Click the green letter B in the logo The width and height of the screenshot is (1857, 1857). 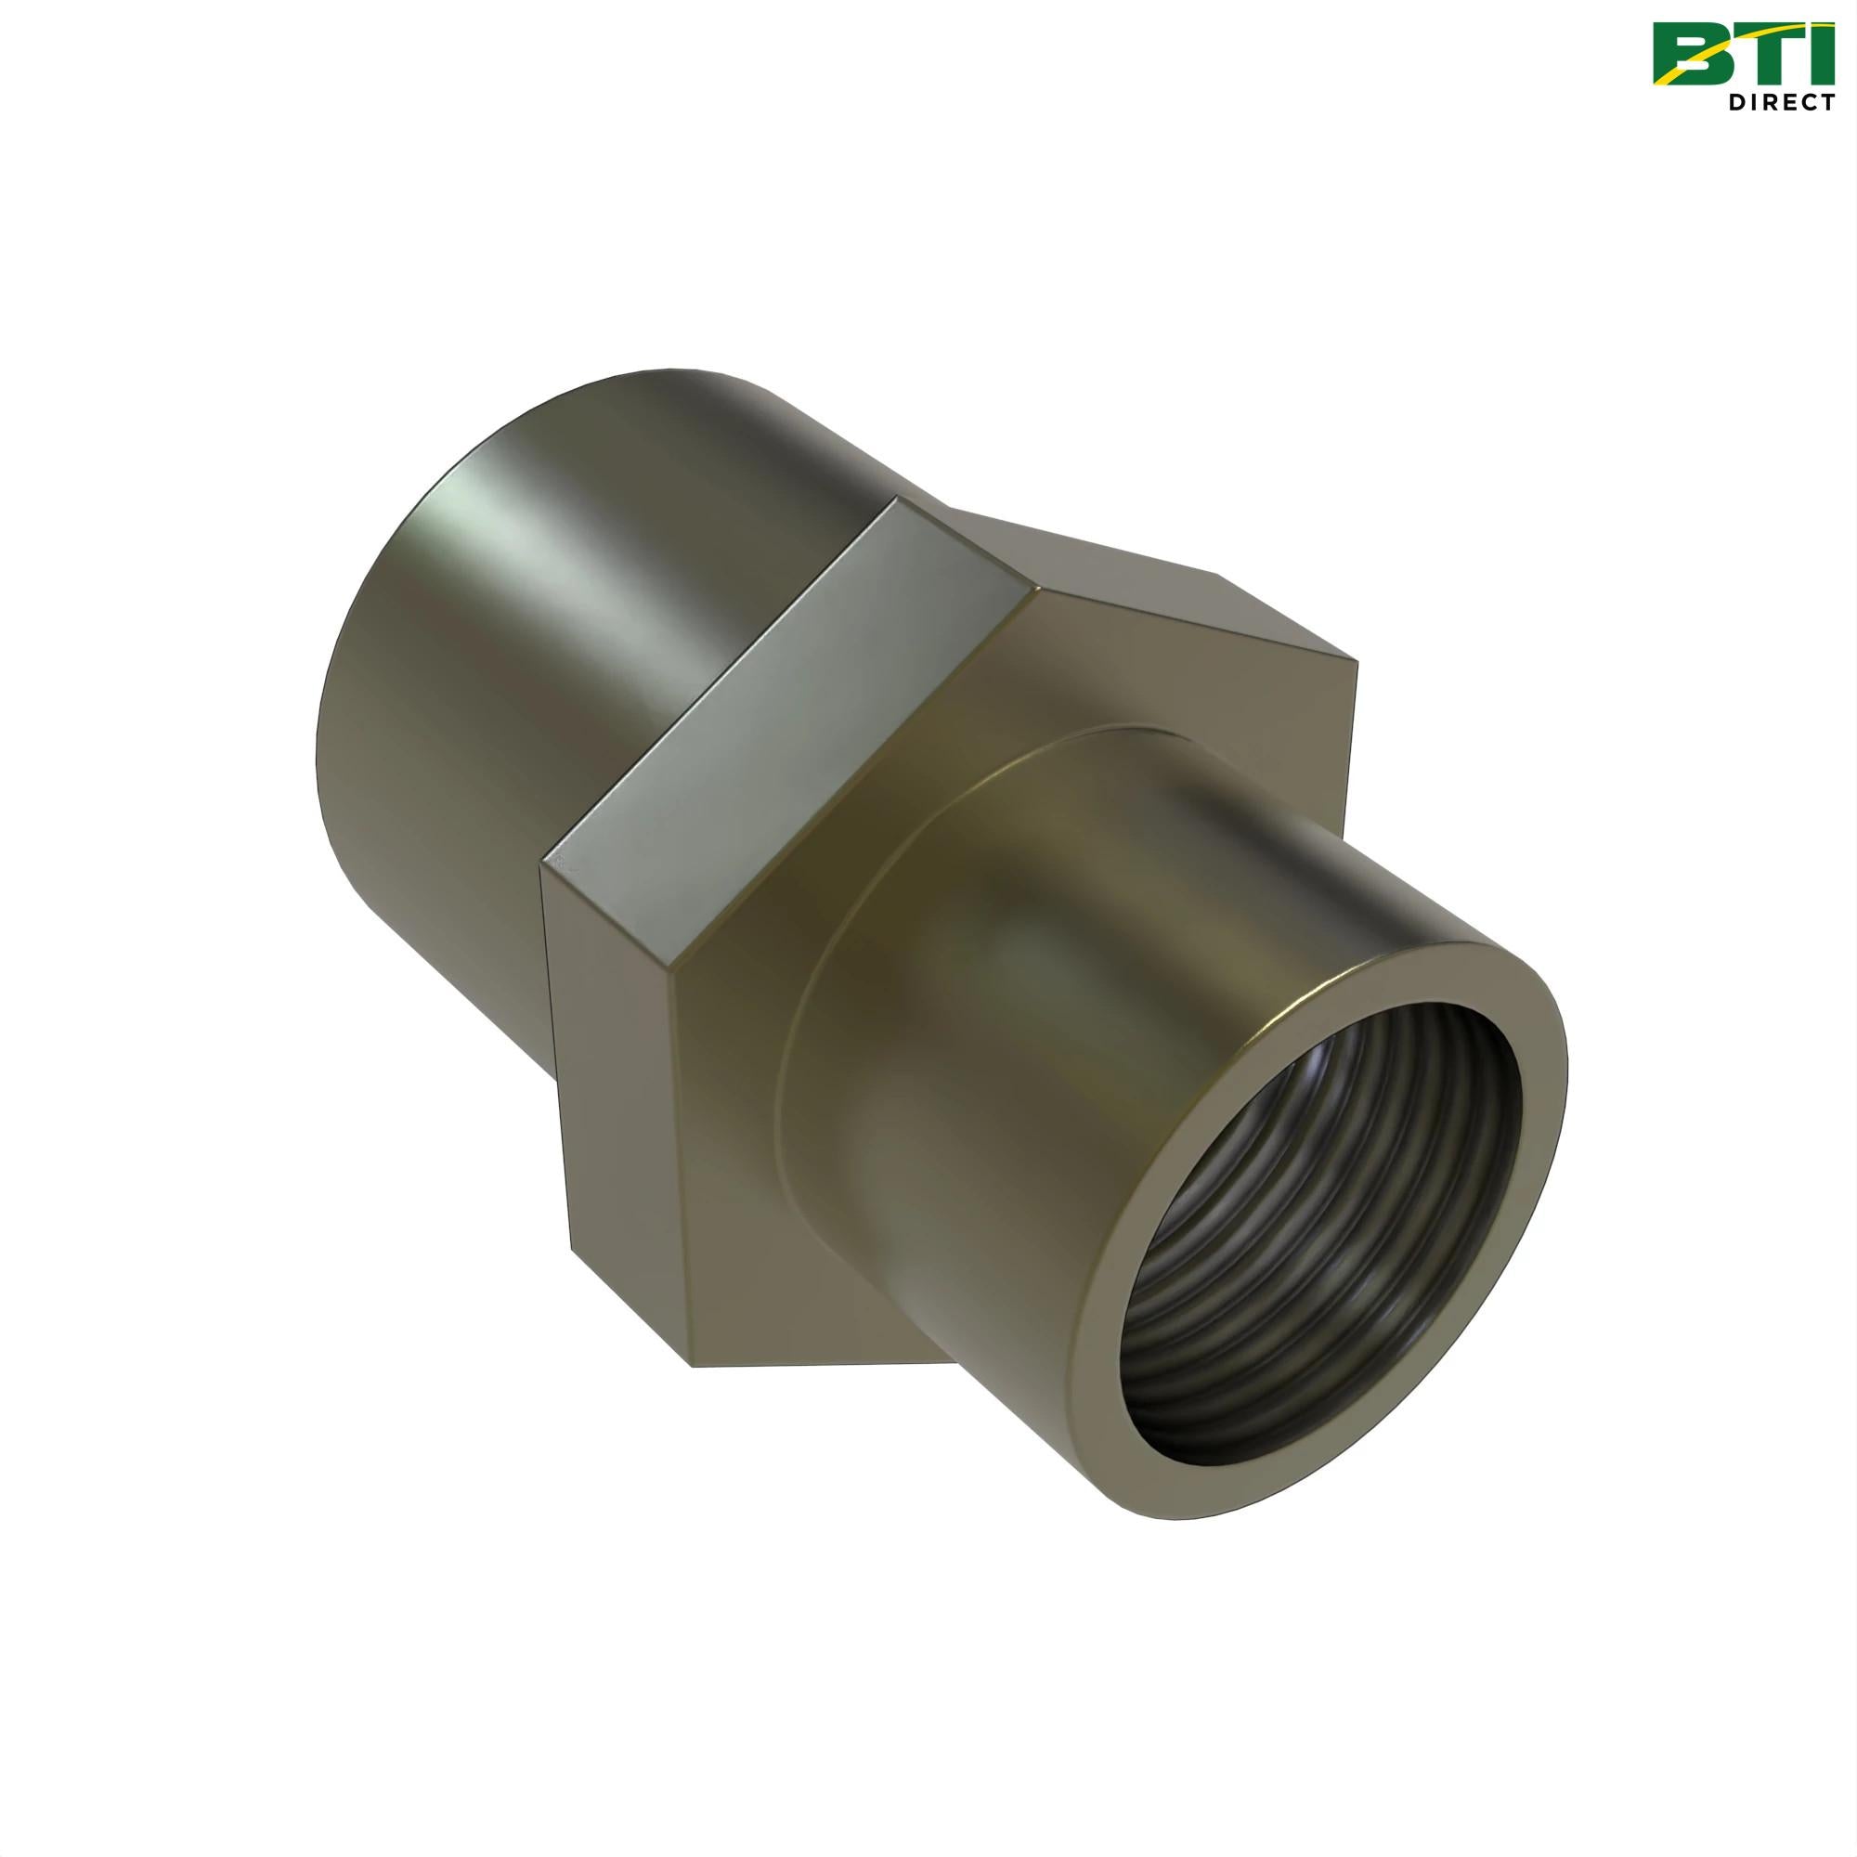click(1690, 54)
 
